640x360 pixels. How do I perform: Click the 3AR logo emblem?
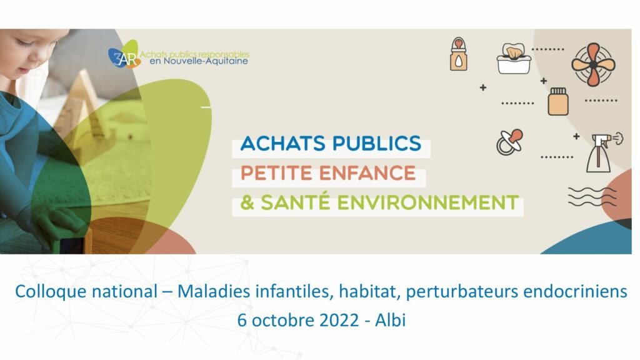point(124,55)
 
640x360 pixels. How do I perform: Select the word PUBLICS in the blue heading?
point(376,143)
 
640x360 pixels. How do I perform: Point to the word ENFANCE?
point(367,173)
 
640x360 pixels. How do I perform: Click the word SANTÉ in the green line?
point(296,202)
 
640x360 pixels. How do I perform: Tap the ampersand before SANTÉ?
point(247,203)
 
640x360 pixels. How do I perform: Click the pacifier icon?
point(509,142)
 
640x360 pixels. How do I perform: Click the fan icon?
point(593,65)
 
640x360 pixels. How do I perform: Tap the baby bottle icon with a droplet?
point(459,54)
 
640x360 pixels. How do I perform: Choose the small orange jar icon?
point(558,101)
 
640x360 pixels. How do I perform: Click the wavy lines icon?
point(592,197)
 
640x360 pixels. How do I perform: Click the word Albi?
point(391,320)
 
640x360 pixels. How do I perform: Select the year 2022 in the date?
point(339,320)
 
